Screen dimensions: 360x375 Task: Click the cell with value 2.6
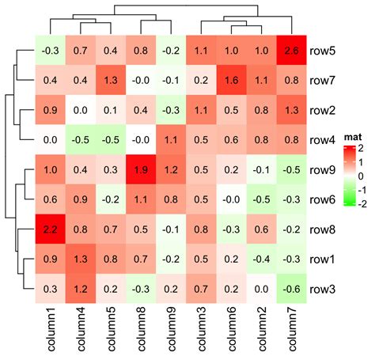(x=291, y=51)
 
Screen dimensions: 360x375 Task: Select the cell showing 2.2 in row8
(x=49, y=229)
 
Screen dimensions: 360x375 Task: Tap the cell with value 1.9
(x=139, y=169)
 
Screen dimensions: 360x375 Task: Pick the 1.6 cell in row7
(x=231, y=80)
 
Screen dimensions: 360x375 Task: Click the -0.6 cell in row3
(x=291, y=289)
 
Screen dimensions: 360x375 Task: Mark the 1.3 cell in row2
(x=291, y=110)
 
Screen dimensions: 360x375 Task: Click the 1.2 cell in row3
(x=79, y=289)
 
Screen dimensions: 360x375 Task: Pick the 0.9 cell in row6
(x=79, y=199)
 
